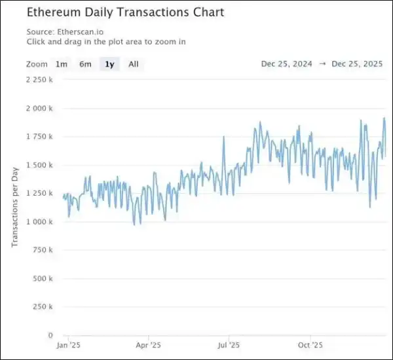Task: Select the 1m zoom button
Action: tap(61, 64)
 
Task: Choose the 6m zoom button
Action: tap(85, 64)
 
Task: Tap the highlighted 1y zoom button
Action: tap(109, 64)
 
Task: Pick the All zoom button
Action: tap(134, 64)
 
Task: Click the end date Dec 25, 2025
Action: tap(358, 64)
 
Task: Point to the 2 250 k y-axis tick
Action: tap(40, 80)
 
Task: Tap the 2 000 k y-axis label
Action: tap(40, 108)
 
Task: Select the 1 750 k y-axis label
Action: tap(40, 137)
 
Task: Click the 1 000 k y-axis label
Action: tap(40, 222)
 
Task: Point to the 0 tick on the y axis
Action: tap(50, 335)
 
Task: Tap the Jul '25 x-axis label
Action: tap(228, 345)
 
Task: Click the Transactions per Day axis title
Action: tap(14, 207)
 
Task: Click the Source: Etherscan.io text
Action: tap(64, 31)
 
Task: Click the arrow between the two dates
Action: tap(323, 64)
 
